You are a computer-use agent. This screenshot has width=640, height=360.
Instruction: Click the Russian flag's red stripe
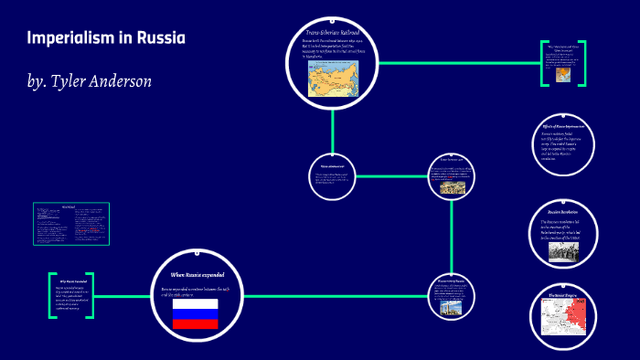[x=196, y=323]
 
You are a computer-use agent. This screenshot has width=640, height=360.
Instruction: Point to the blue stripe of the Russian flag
[x=196, y=313]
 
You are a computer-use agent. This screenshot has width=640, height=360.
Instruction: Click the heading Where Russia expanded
[x=197, y=274]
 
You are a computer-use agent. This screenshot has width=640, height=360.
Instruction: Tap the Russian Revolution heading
[x=559, y=212]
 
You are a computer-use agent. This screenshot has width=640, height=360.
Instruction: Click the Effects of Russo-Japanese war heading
[x=563, y=125]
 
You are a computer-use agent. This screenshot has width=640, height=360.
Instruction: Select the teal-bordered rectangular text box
[x=71, y=223]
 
